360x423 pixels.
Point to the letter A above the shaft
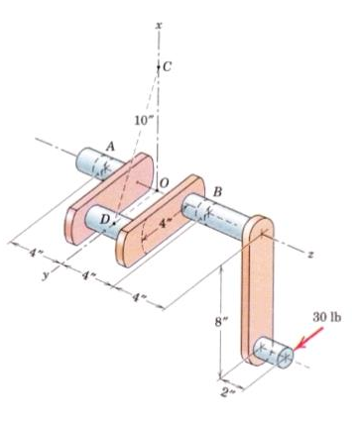click(109, 144)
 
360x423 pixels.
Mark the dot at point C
click(158, 66)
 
